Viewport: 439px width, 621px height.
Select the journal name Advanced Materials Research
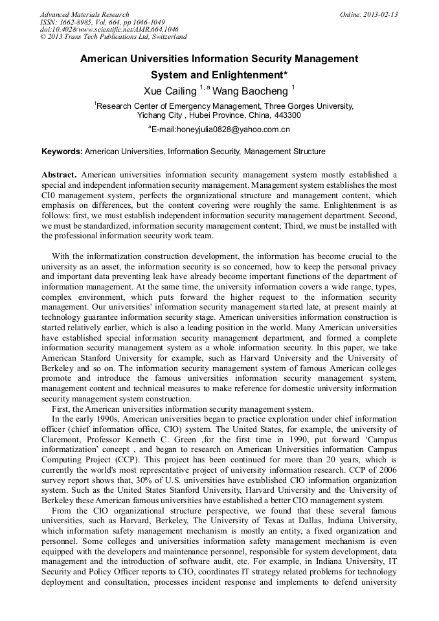coord(85,14)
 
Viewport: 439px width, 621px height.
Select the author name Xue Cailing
coord(170,90)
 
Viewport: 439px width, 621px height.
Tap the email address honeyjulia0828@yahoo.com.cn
coord(223,130)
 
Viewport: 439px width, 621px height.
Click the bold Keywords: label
coord(62,152)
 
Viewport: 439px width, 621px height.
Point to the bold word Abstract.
coord(60,174)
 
